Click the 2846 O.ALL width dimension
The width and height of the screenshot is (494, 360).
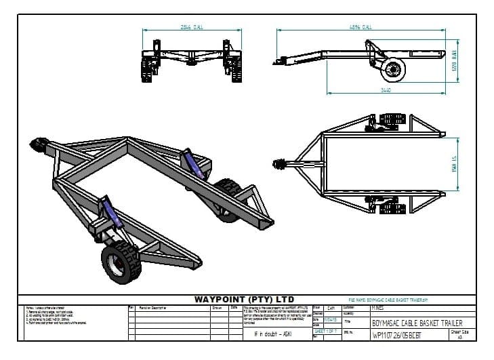(x=192, y=27)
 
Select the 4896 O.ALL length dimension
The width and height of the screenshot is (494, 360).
(x=359, y=27)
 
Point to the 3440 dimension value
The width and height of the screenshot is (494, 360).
(x=386, y=89)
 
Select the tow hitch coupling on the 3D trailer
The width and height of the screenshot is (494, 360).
(x=37, y=146)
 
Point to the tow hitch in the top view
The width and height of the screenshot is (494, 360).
(x=280, y=163)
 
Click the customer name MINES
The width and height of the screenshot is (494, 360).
(x=377, y=307)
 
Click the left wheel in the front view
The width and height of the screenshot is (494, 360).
(x=146, y=69)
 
